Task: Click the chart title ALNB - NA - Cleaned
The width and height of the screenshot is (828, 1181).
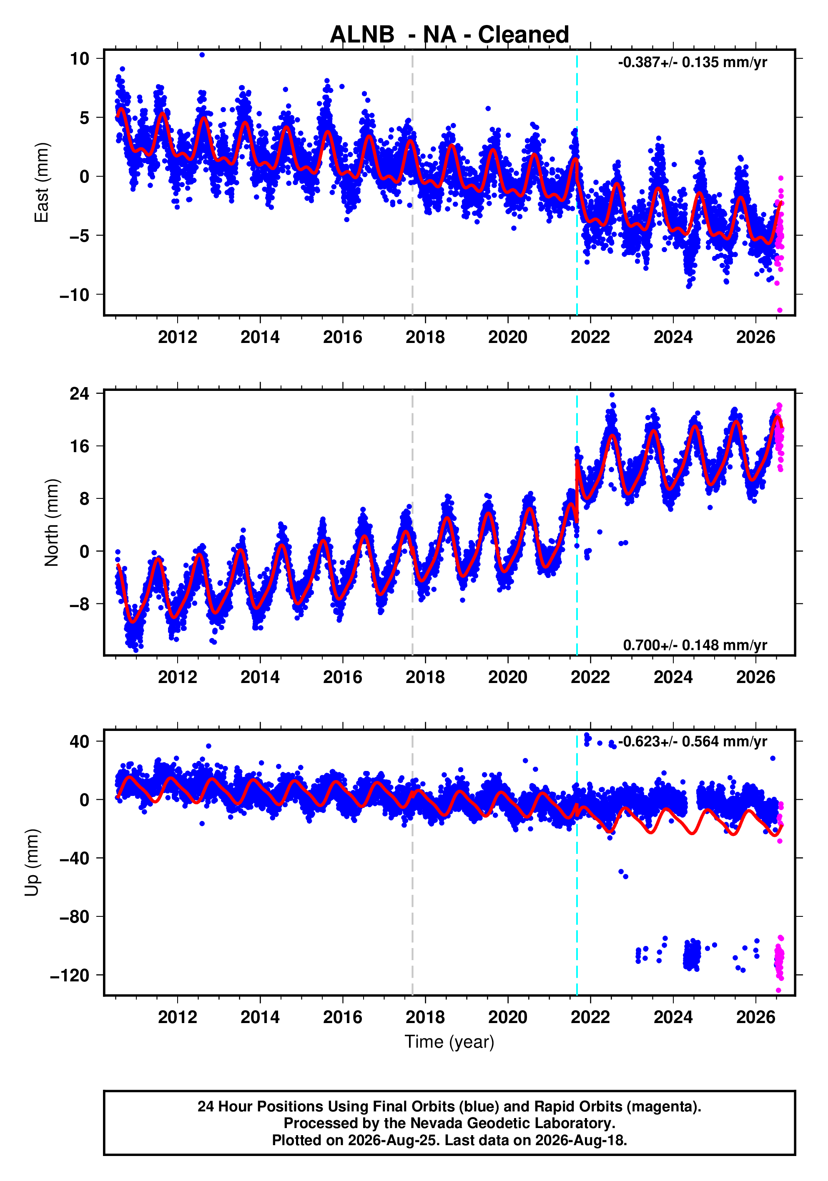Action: click(x=449, y=35)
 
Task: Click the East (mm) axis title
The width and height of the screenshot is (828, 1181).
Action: click(x=41, y=183)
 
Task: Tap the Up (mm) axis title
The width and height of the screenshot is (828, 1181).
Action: click(x=32, y=863)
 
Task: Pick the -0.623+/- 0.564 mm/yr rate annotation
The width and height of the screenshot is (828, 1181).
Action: click(x=692, y=741)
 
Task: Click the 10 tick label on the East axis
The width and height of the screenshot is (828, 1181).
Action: click(x=80, y=59)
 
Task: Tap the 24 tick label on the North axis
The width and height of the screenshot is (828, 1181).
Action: click(x=80, y=393)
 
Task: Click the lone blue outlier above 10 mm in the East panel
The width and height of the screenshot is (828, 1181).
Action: click(x=202, y=55)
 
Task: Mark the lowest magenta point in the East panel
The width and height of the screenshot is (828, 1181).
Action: click(x=780, y=310)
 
